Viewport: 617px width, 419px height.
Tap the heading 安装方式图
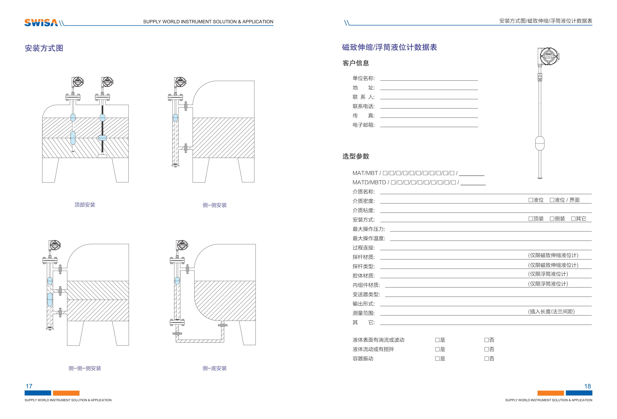click(x=44, y=48)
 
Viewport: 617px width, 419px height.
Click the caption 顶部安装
click(x=85, y=205)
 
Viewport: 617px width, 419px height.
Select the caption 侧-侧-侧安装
click(x=85, y=368)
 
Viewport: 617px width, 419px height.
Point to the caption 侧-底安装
click(x=215, y=368)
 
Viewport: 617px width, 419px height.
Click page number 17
click(x=29, y=386)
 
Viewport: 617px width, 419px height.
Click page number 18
click(x=588, y=386)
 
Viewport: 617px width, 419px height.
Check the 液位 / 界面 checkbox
click(x=552, y=200)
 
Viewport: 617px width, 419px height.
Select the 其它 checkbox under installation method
click(x=573, y=219)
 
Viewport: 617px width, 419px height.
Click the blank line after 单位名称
click(x=429, y=79)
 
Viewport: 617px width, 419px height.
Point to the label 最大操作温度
click(x=368, y=238)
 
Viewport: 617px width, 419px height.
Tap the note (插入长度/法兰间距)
click(x=551, y=311)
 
